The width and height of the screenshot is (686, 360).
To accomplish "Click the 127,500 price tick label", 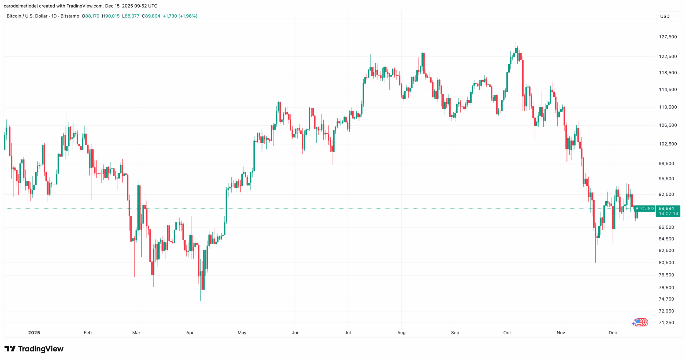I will coord(668,37).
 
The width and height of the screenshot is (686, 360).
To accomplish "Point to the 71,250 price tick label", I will coord(666,322).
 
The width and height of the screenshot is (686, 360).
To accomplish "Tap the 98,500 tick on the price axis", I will coord(666,164).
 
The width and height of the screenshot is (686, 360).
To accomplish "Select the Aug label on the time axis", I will coord(401,333).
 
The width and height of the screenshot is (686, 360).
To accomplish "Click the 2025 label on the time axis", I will coord(34,333).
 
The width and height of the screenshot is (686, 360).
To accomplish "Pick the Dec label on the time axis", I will coord(613,333).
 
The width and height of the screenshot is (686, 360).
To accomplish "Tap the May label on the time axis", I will coord(242,333).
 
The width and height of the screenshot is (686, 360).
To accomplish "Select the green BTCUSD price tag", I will coord(644,209).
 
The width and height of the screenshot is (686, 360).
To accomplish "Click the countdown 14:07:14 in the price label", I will coord(668,214).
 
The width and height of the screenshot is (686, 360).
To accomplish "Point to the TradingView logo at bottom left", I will coord(34,349).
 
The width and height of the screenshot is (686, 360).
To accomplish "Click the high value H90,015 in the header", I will coord(111,16).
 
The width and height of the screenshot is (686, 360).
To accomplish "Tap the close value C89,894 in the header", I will coord(151,16).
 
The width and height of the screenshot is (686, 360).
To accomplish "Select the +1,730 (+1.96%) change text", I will coord(180,16).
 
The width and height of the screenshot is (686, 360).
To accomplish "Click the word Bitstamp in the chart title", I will coord(70,16).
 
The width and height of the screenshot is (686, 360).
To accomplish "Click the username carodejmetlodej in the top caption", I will coord(20,6).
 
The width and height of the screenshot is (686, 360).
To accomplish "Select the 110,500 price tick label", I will coord(668,107).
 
